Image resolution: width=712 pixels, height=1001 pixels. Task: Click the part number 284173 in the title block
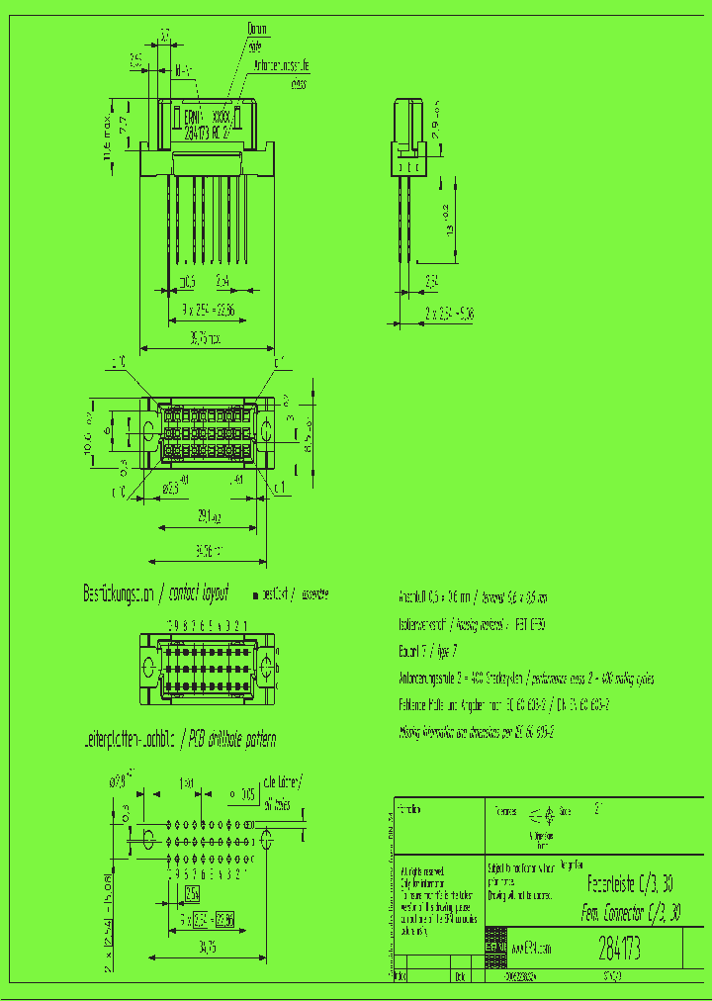[619, 950]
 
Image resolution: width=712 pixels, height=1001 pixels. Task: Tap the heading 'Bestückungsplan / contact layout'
[155, 593]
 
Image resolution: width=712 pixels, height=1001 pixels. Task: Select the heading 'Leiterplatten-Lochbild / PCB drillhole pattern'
[179, 739]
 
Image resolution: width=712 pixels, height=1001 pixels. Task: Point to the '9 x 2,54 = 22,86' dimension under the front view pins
[207, 310]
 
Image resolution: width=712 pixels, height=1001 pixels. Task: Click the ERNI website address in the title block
[530, 948]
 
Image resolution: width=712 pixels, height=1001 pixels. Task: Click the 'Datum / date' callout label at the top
[255, 37]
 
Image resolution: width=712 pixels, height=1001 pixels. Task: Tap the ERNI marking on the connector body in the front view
[190, 117]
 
